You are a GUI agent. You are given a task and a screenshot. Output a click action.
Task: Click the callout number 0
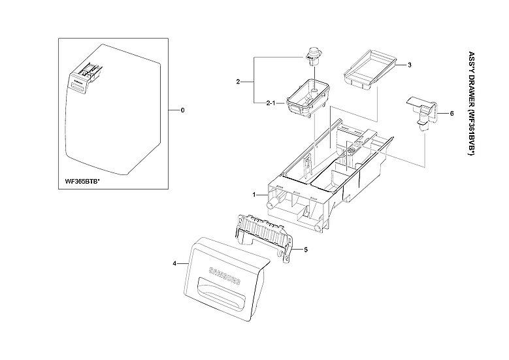(182, 110)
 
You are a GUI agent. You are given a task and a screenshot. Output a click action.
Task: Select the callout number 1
(254, 195)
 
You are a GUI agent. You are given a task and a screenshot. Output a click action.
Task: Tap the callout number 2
(238, 82)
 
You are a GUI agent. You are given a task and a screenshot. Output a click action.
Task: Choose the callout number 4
(174, 263)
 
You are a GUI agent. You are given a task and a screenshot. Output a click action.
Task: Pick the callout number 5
(305, 249)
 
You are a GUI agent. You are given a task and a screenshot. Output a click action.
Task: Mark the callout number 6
(451, 113)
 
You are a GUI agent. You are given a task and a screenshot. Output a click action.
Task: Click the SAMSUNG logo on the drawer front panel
(224, 276)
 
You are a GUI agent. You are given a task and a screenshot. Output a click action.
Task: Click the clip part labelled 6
(422, 109)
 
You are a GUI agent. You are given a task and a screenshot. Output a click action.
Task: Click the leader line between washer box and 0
(169, 110)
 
